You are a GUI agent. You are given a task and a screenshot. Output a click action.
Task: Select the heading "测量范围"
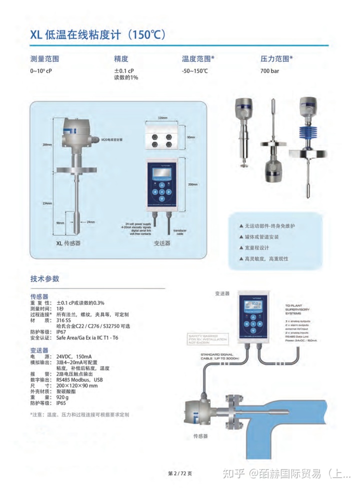(48, 59)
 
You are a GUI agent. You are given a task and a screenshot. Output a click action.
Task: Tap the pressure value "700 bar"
(269, 71)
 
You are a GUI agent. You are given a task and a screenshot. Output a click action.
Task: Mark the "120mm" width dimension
(162, 118)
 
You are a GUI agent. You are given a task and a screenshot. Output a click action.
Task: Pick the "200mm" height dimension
(192, 184)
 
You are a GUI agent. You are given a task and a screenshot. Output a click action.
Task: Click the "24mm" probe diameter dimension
(90, 222)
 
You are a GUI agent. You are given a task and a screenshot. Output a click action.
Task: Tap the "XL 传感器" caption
(68, 243)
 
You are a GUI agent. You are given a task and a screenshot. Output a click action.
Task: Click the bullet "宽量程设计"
(257, 248)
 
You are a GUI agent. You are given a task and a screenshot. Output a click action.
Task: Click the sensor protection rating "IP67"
(61, 331)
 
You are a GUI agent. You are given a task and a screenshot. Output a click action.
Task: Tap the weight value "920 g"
(63, 397)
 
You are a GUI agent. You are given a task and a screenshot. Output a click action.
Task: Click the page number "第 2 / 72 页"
(179, 473)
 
